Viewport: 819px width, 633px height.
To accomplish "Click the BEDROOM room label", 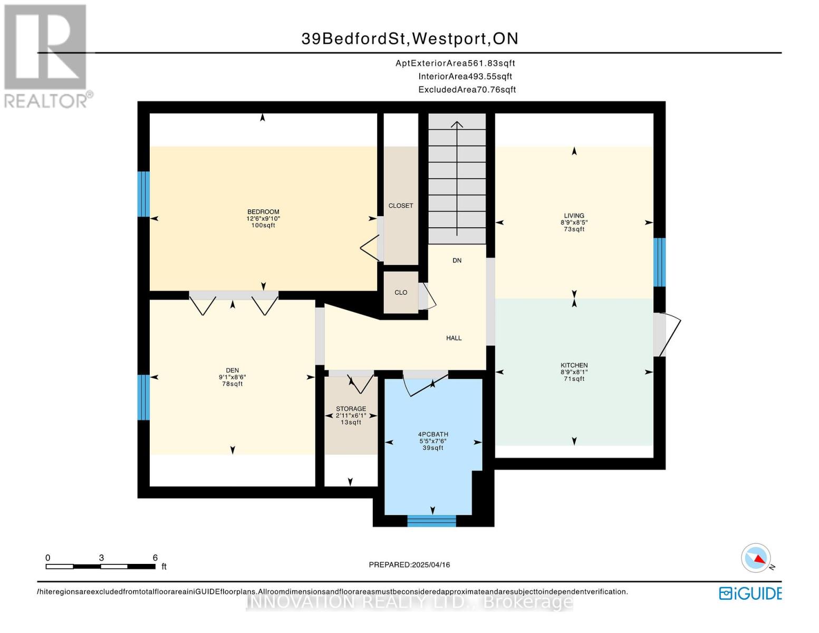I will (263, 212).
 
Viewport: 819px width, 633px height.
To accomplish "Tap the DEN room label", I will (233, 370).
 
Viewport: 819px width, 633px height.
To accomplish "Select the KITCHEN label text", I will (574, 365).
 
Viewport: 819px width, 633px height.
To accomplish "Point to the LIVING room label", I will (574, 215).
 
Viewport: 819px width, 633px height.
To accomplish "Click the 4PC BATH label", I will (433, 435).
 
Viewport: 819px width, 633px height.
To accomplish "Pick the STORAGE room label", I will (351, 409).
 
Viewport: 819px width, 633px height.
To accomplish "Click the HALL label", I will (454, 338).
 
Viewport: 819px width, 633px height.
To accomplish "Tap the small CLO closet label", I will (401, 292).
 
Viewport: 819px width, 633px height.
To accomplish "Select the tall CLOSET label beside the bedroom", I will (401, 206).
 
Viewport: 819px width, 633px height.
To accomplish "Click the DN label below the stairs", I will (457, 260).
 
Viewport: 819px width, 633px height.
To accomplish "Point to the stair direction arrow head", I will (457, 124).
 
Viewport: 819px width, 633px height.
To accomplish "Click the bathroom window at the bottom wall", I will (431, 521).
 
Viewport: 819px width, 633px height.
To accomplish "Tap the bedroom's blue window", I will (143, 194).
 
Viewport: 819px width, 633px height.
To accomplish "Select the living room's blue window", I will (659, 262).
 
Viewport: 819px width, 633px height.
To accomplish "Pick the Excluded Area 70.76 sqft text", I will (467, 90).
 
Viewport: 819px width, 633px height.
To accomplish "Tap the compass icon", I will (756, 558).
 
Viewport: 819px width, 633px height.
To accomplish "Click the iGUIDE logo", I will (750, 593).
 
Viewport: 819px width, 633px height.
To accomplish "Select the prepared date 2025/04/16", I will (409, 565).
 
